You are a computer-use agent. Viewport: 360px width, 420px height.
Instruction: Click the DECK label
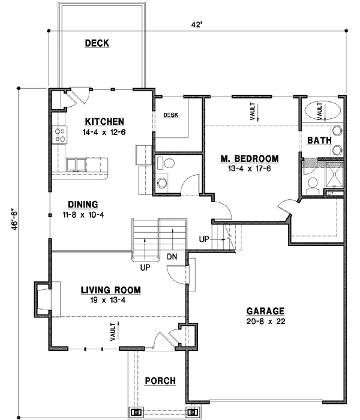point(97,43)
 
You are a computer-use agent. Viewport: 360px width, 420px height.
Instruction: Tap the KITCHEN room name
point(104,121)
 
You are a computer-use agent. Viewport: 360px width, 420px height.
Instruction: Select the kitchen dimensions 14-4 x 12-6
point(104,131)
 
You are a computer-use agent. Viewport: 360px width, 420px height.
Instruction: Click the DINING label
point(83,204)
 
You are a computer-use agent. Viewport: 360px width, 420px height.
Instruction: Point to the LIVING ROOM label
point(111,290)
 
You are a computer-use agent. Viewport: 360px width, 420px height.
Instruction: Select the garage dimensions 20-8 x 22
point(265,322)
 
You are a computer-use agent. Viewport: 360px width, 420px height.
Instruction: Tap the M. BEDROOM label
point(249,158)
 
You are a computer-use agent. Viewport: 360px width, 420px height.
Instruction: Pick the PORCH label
point(160,381)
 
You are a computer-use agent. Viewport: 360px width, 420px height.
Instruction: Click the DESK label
point(171,115)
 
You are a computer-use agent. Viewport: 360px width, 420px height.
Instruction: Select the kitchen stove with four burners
point(60,136)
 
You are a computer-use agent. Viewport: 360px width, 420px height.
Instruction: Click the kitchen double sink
point(77,164)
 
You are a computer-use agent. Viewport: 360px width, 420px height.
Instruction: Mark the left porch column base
point(136,412)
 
